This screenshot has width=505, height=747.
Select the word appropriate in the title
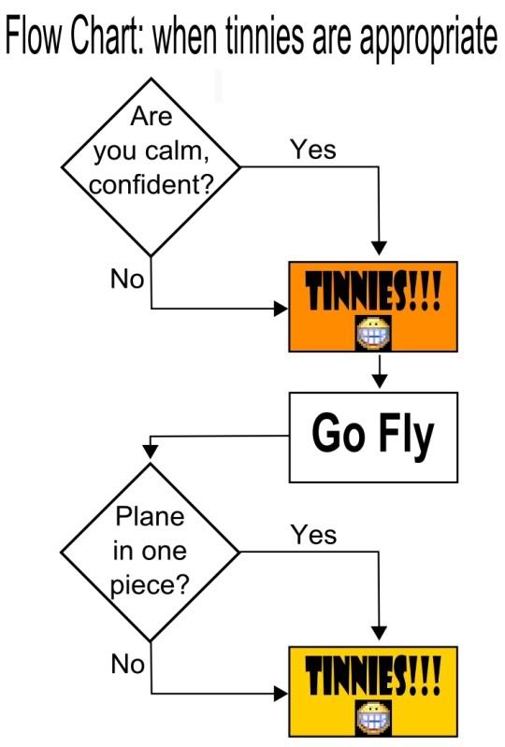coord(428,39)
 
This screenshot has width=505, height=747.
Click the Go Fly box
coord(373,437)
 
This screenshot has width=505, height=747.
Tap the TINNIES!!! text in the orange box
coord(373,290)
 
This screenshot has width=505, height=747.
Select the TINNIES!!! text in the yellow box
coord(373,675)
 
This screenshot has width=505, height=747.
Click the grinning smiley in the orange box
coord(374,333)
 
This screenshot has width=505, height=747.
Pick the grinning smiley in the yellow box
coord(374,717)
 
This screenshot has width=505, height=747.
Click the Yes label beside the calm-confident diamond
coord(313,149)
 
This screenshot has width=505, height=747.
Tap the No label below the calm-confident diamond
coord(127,279)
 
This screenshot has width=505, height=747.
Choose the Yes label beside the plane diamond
coord(313,534)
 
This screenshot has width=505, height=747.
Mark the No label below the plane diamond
coord(127,663)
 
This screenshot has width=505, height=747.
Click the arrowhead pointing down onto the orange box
coord(380,249)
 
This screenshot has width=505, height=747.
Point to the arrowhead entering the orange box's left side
coord(281,309)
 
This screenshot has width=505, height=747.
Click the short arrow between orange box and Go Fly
coord(380,371)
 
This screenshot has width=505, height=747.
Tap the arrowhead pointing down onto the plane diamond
coord(151,452)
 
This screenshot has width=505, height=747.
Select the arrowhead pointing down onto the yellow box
coord(380,633)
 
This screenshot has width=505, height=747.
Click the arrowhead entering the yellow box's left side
coord(281,694)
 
